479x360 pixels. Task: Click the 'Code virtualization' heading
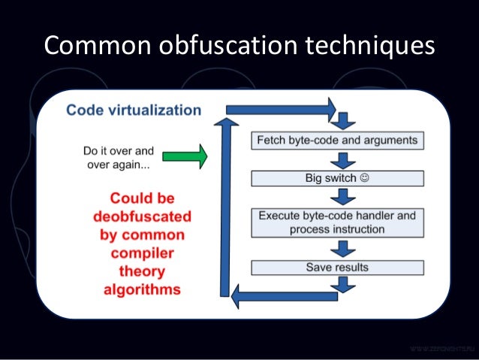(134, 110)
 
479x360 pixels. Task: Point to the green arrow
(187, 156)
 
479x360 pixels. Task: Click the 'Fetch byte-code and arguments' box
(337, 141)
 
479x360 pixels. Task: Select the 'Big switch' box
(337, 180)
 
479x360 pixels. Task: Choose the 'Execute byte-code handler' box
(337, 222)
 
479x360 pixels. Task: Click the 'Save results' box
(337, 267)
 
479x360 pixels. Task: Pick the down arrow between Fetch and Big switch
(343, 160)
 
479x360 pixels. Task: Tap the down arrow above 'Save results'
(343, 248)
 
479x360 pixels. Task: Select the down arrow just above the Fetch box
(343, 120)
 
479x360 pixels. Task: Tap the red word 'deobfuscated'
(143, 216)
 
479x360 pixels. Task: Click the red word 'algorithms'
(143, 289)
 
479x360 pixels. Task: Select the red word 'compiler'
(143, 253)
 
